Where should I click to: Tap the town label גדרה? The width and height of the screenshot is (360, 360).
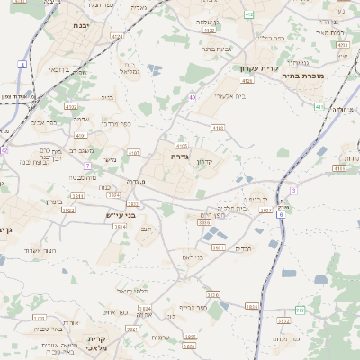point(177,156)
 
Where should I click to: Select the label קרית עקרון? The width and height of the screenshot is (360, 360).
point(259,68)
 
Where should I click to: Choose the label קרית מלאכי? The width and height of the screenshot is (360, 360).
point(97,344)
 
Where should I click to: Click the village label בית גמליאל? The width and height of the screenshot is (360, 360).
point(130,68)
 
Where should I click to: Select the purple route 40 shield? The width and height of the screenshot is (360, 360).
point(193,97)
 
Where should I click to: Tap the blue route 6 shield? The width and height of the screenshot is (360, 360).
point(281,214)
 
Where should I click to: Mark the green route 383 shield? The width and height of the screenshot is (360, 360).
point(300,310)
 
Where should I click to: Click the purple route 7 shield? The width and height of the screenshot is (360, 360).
point(87,166)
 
